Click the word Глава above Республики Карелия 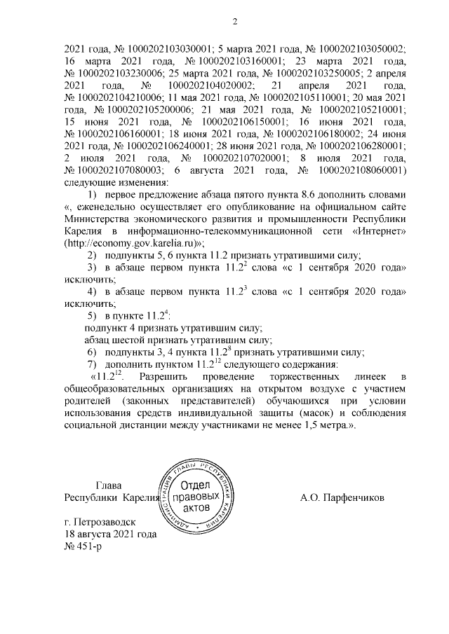(x=108, y=486)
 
